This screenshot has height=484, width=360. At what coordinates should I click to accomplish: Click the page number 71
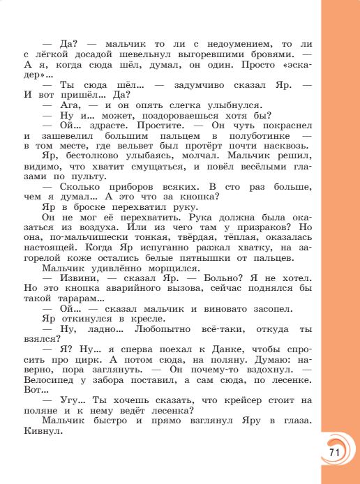tap(333, 452)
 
